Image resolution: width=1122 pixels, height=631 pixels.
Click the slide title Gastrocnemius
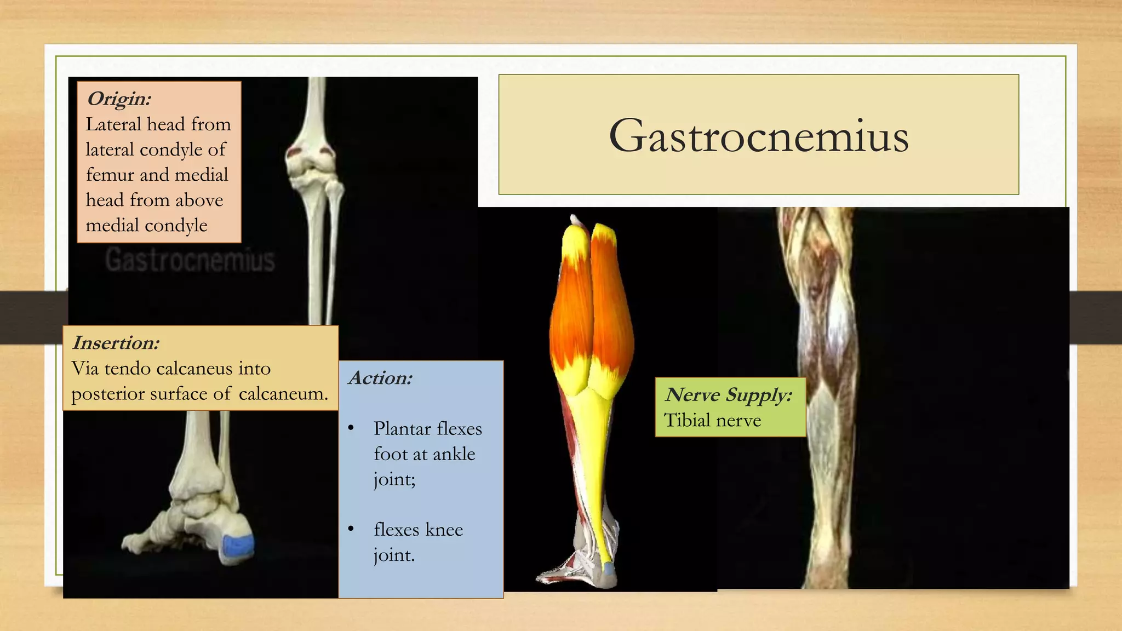758,136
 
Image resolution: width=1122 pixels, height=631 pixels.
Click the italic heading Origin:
119,99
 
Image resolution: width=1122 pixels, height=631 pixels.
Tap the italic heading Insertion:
116,343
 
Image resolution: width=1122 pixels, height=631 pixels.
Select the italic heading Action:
380,378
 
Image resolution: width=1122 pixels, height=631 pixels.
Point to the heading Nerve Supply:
728,394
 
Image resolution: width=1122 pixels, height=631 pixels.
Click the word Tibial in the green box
684,420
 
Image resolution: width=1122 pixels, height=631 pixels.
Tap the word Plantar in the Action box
402,428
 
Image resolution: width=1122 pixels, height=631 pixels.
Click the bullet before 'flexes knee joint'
351,529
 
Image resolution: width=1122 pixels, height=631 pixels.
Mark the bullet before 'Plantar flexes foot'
351,428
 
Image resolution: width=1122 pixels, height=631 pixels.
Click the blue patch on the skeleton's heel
237,546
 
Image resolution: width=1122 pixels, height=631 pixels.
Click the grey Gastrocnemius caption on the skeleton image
190,260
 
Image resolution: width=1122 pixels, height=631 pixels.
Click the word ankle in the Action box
454,454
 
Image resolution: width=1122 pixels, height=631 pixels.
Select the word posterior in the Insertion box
104,394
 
